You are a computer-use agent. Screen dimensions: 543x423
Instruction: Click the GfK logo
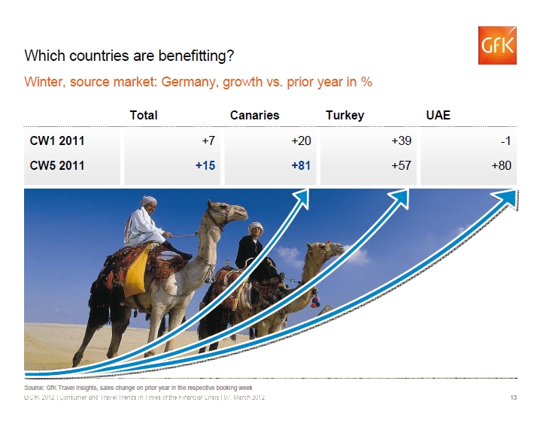click(497, 45)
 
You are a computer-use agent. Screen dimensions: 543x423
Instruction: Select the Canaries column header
click(254, 115)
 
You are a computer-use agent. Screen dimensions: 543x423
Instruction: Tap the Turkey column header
click(345, 115)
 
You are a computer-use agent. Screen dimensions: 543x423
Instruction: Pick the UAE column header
click(438, 115)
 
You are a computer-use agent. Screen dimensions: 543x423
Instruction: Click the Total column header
click(144, 115)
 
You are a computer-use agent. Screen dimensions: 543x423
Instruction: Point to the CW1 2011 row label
click(57, 140)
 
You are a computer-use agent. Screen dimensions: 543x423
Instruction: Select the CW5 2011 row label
click(57, 165)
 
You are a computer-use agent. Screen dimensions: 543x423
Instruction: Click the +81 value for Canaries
click(301, 165)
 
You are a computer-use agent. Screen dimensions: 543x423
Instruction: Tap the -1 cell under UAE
click(505, 140)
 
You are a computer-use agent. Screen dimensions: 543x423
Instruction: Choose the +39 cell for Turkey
click(402, 140)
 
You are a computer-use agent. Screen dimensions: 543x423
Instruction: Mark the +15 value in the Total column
click(205, 165)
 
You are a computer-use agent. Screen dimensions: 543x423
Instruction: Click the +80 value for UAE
click(502, 165)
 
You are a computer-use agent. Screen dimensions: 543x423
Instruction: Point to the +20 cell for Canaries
click(301, 140)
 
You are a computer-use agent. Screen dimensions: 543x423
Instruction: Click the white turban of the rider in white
click(148, 201)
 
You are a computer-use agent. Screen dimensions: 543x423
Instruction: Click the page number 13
click(514, 397)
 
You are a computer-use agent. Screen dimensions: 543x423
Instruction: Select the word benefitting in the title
click(196, 56)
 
